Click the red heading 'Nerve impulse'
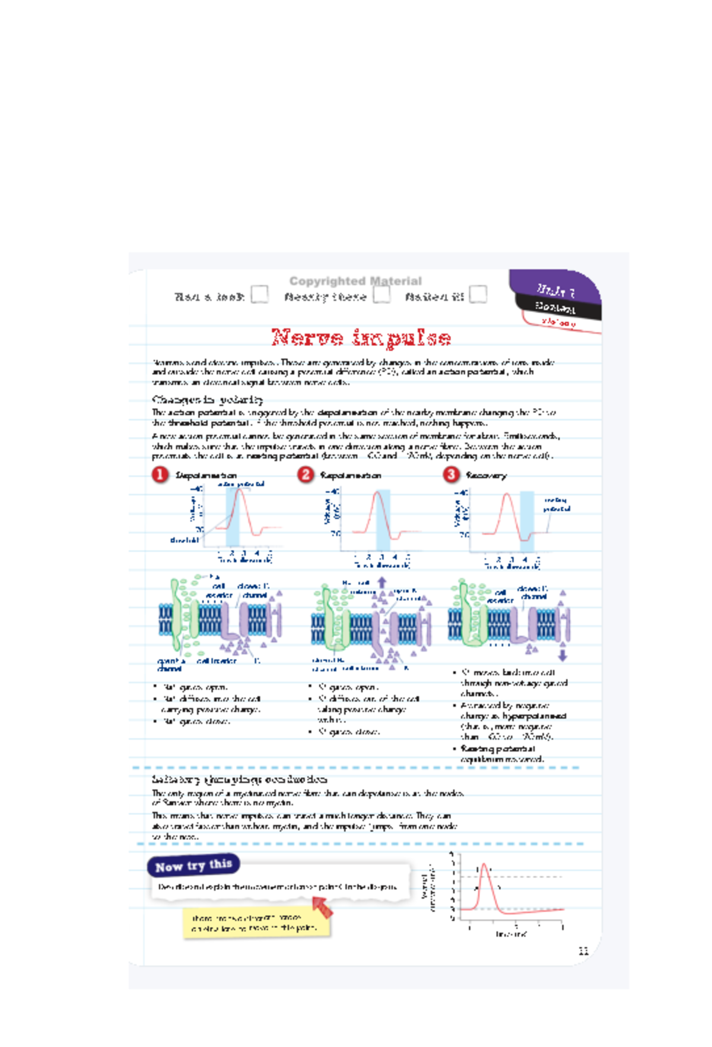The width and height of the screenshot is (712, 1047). point(361,338)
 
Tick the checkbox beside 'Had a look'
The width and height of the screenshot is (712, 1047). point(259,294)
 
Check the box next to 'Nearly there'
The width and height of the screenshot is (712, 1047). point(382,294)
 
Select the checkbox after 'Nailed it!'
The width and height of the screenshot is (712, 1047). point(478,294)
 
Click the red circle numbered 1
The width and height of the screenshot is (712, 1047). point(160,475)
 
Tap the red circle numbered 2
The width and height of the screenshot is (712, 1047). point(305,475)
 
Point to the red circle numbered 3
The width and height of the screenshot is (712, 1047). point(451,475)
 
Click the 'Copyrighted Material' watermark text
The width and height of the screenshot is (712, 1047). point(355,281)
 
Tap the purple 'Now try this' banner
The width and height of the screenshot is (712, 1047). point(193,866)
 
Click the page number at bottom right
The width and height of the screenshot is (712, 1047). point(583,951)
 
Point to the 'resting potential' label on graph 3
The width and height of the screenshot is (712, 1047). point(557,505)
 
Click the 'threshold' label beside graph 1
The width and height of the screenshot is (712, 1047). point(184,540)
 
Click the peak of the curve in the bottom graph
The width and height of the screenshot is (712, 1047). point(484,865)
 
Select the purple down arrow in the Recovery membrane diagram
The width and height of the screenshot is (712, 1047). point(562,655)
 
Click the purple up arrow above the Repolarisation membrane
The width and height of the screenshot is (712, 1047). point(382,583)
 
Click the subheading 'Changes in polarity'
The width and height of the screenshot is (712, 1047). point(207,399)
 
